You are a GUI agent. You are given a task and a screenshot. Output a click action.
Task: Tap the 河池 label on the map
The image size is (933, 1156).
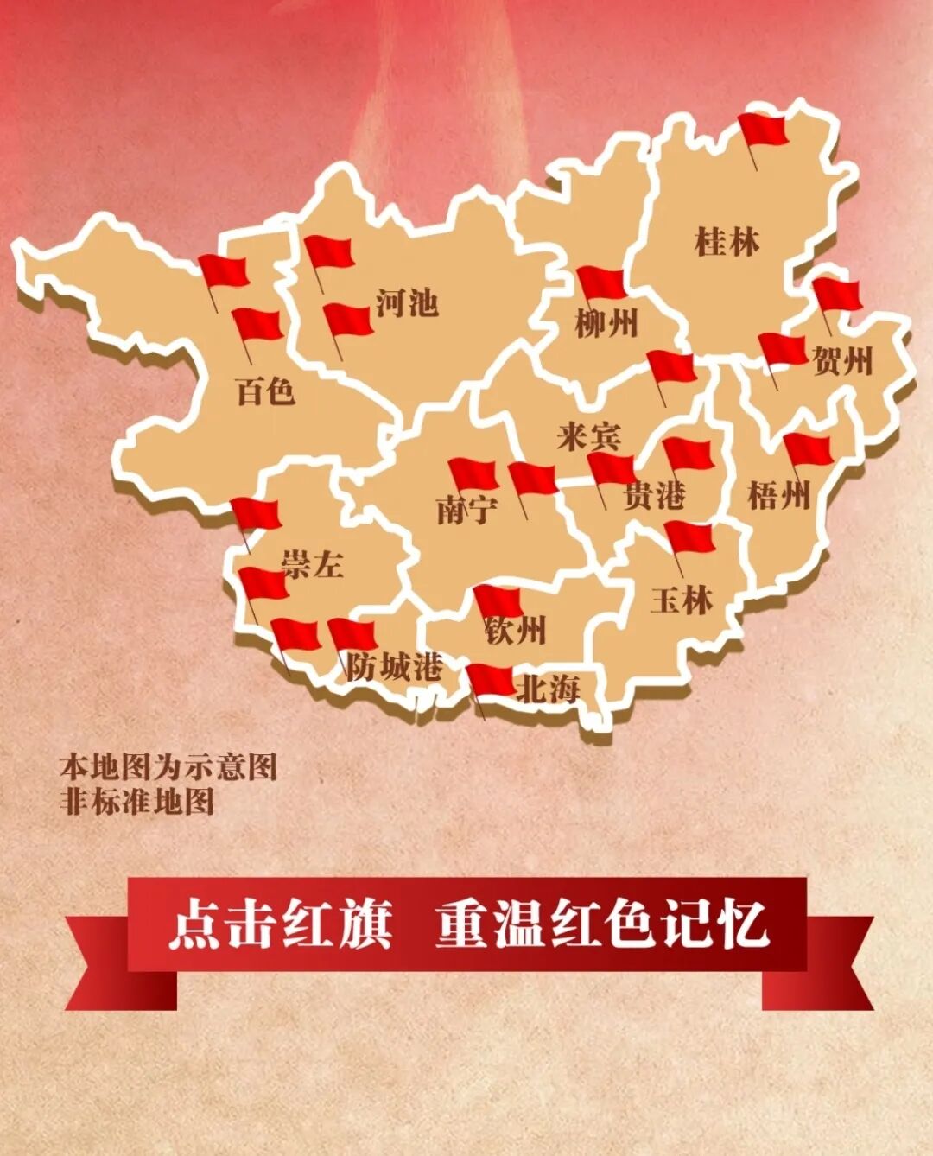tap(407, 302)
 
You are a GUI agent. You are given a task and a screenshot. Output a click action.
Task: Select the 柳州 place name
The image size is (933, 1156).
tap(606, 325)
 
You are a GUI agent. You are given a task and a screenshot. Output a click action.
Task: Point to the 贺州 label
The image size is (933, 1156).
tap(842, 360)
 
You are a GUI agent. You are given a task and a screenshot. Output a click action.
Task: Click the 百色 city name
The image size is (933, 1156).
tap(265, 392)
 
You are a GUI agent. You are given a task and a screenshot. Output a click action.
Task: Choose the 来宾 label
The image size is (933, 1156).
tap(588, 436)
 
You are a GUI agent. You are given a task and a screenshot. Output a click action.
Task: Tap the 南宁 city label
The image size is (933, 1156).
tap(466, 510)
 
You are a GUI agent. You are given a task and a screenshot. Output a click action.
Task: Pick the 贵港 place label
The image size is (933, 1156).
tap(654, 496)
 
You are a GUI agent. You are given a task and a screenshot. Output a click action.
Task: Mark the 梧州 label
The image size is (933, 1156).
tap(778, 496)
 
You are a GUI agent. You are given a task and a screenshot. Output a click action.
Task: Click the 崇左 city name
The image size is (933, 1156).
tap(312, 565)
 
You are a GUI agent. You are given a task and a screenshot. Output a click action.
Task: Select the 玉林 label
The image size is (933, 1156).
tap(682, 600)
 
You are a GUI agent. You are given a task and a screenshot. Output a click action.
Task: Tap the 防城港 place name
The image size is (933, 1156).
tap(395, 666)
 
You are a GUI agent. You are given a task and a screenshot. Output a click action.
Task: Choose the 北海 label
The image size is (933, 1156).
tap(547, 689)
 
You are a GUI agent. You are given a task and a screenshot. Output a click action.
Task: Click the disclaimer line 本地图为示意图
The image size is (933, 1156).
tap(168, 766)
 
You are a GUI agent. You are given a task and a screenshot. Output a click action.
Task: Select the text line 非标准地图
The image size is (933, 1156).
tap(136, 801)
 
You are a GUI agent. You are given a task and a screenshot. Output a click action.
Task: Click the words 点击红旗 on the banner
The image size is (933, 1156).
tap(281, 925)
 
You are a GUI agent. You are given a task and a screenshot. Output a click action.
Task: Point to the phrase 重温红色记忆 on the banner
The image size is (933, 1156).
tap(602, 925)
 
